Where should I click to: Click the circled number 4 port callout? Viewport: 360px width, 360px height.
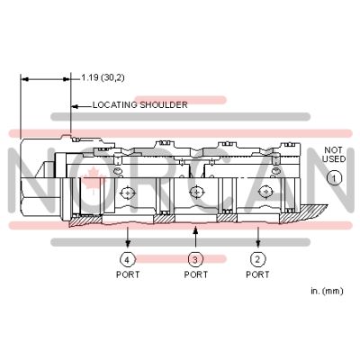127,259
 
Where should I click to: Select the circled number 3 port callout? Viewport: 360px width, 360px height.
195,259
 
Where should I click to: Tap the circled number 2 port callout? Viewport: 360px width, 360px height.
257,259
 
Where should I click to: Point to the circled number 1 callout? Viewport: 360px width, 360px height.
334,178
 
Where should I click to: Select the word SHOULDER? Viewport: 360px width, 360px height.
164,105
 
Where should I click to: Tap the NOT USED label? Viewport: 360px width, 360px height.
334,155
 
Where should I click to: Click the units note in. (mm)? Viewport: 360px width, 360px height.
327,291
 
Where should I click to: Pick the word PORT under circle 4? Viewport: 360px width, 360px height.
128,274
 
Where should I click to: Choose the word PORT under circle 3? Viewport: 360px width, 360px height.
196,274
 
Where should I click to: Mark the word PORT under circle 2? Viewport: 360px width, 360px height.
257,274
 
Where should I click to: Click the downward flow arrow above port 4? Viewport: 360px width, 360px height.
128,238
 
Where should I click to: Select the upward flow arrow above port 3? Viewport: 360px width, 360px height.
195,237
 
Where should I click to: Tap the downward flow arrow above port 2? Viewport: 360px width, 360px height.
258,238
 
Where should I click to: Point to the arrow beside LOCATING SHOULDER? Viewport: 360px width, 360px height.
81,106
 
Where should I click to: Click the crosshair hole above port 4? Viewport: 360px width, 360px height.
128,193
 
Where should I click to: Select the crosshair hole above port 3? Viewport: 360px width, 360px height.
196,192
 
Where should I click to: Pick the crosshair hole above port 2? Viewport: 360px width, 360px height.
265,192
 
